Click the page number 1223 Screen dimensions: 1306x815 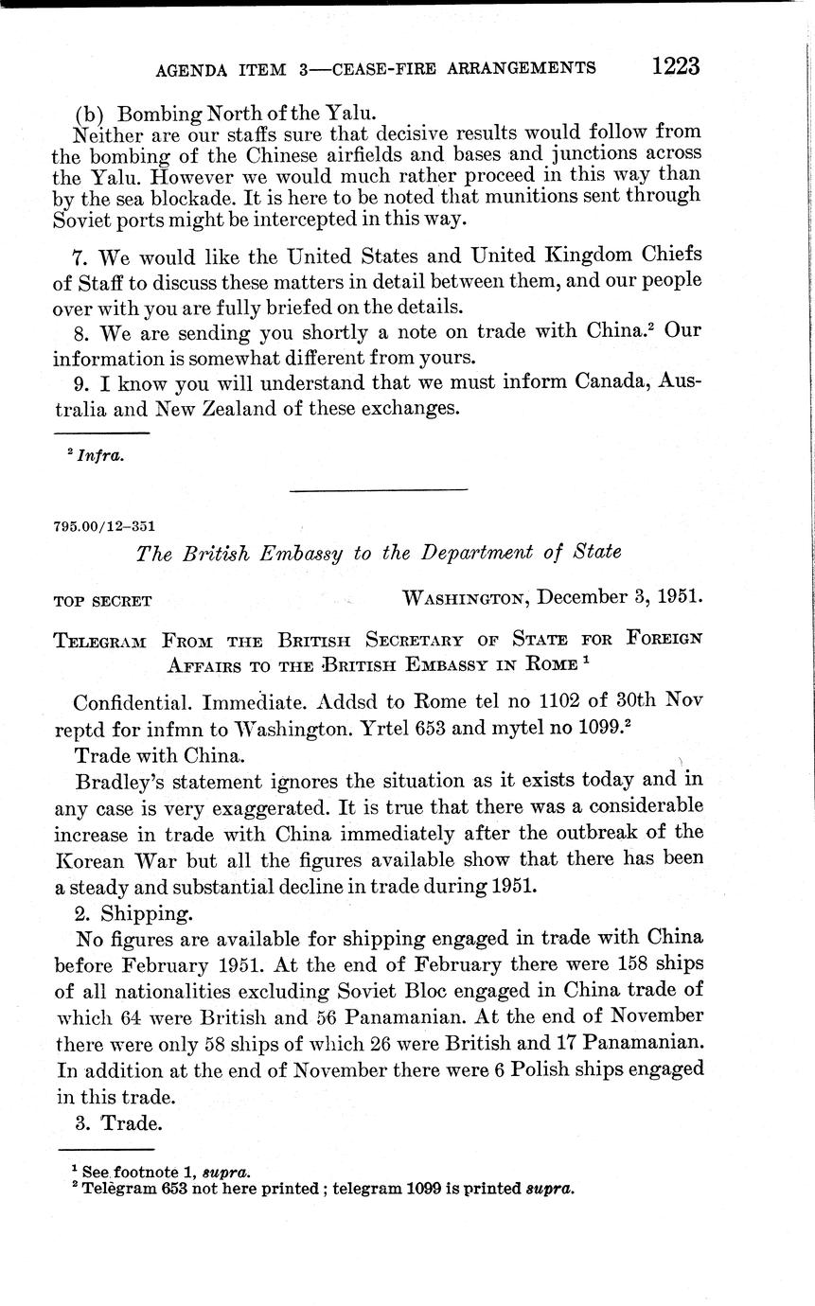coord(674,65)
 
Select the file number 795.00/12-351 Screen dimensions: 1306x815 coord(105,526)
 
